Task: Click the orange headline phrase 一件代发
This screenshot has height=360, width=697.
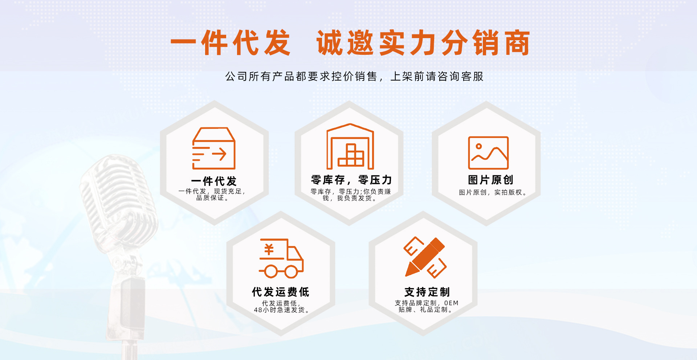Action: coord(231,43)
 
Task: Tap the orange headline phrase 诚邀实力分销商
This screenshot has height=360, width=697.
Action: coord(423,43)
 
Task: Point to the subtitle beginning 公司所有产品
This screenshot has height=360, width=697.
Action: coord(354,77)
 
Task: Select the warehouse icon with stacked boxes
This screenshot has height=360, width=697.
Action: coord(350,147)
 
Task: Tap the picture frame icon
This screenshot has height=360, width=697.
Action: coord(488,153)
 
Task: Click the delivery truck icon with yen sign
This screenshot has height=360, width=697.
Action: coord(281,258)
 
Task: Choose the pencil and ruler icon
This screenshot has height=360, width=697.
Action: coord(425,257)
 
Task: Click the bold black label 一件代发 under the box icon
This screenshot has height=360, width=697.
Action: coord(214,181)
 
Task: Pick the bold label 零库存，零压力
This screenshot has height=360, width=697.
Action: coord(351,180)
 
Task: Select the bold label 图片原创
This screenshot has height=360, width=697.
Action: coord(490,180)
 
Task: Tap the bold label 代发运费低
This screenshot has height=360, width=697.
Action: coord(281,292)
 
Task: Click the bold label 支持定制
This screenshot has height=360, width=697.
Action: coord(427,292)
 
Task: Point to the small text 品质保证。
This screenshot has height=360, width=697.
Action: coord(212,198)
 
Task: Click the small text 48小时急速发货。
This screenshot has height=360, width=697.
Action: coord(281,310)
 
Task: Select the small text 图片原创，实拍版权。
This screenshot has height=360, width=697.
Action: coord(492,192)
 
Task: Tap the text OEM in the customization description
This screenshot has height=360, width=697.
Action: coord(451,303)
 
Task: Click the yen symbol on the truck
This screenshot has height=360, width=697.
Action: coord(269,250)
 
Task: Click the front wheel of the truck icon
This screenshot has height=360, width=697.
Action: coord(291,271)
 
